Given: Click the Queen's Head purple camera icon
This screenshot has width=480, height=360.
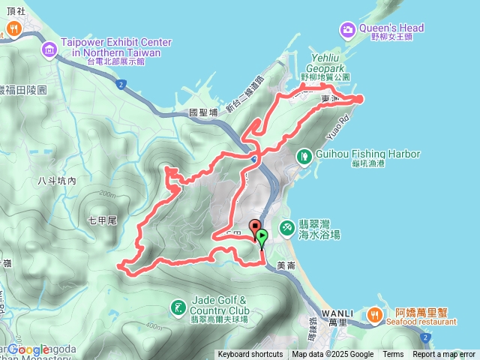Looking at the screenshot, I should (349, 29).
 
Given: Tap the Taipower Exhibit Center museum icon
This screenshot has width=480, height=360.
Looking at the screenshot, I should (49, 49).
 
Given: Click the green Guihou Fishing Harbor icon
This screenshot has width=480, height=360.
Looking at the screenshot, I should (304, 156).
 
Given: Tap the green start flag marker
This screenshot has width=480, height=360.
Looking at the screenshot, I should (262, 238).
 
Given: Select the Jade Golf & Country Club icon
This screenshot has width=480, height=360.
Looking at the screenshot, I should (177, 307).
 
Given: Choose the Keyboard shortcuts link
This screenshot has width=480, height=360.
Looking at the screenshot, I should (250, 355).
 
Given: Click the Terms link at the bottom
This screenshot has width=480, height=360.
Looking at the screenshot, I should (393, 355).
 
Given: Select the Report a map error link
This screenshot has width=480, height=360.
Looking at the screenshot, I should (444, 355).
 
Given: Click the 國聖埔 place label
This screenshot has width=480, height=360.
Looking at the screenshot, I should (203, 112).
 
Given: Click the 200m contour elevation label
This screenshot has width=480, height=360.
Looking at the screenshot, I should (109, 193).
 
